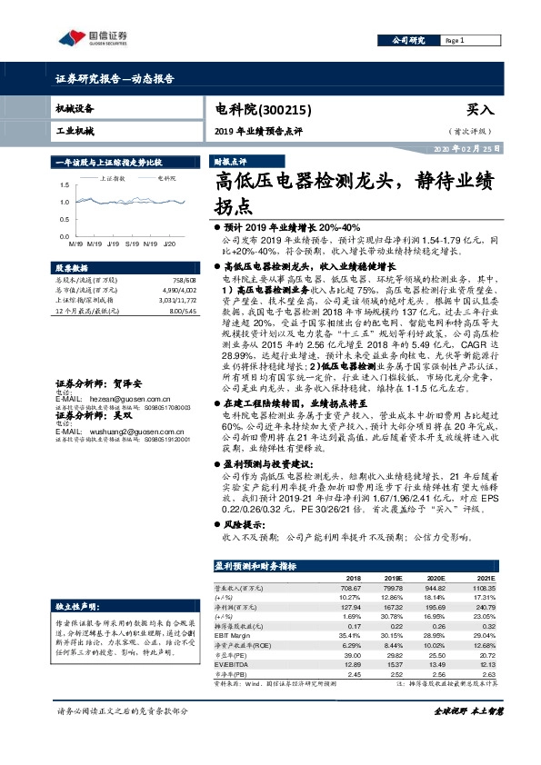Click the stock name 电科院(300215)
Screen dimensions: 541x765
pyautogui.click(x=263, y=109)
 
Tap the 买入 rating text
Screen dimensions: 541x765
pyautogui.click(x=479, y=109)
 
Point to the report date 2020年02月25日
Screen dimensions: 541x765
pyautogui.click(x=466, y=147)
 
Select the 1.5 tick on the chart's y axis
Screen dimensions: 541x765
pyautogui.click(x=64, y=186)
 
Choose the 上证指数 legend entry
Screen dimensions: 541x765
pyautogui.click(x=114, y=179)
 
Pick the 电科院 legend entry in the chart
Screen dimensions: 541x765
pyautogui.click(x=165, y=179)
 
